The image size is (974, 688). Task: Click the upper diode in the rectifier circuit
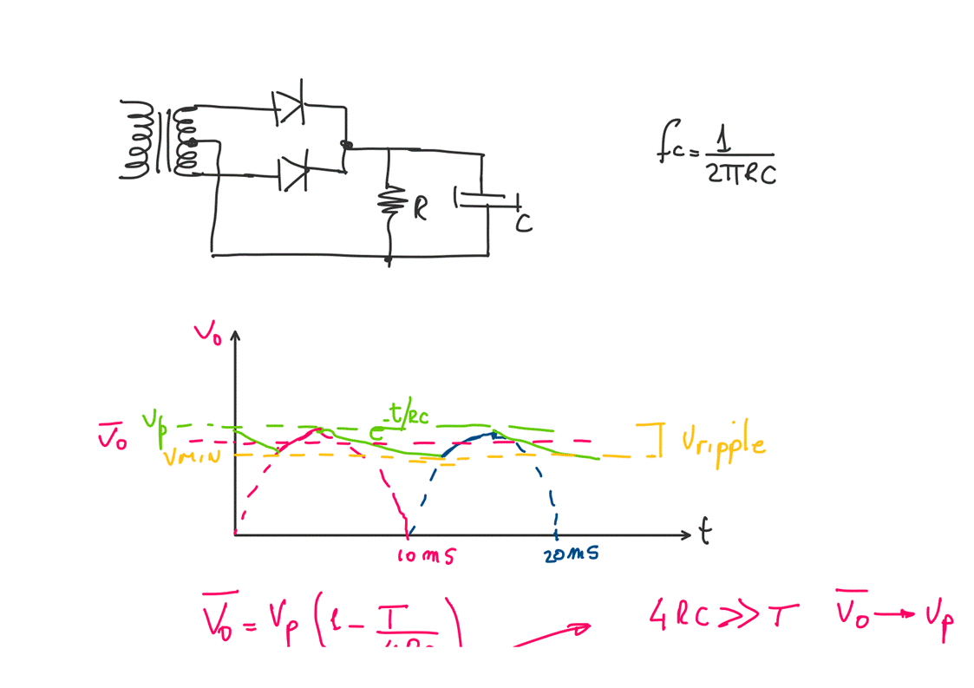289,108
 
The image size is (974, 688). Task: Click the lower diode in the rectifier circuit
293,174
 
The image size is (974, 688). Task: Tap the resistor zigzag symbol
389,202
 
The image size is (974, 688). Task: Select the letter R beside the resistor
420,208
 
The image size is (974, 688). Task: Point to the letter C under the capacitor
523,224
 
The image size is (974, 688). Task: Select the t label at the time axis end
705,531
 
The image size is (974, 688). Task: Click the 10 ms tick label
425,556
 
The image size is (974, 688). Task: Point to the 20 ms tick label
572,554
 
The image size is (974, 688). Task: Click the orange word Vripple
722,443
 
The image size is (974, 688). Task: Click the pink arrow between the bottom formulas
552,635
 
